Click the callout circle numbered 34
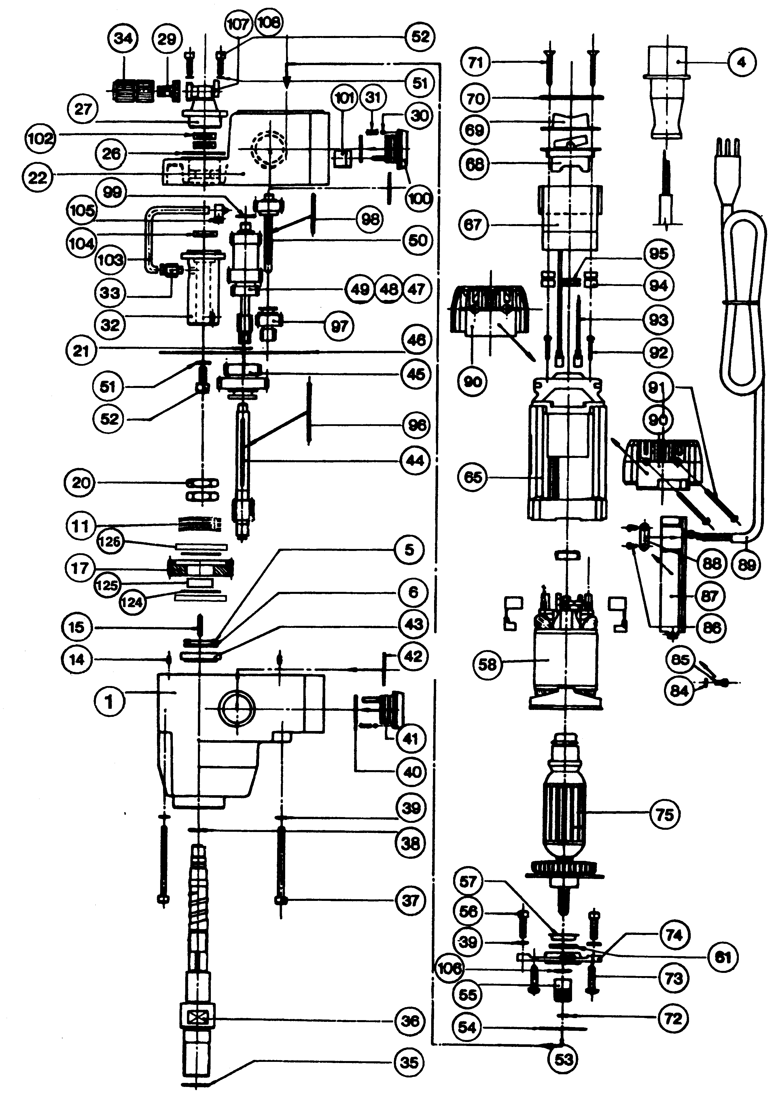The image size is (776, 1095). pyautogui.click(x=123, y=38)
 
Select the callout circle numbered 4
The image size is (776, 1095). pyautogui.click(x=742, y=62)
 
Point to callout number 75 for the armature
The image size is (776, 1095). pyautogui.click(x=665, y=814)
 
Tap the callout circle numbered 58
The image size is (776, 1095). pyautogui.click(x=487, y=664)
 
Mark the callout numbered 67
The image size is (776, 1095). pyautogui.click(x=473, y=225)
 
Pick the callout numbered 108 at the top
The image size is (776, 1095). pyautogui.click(x=269, y=22)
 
